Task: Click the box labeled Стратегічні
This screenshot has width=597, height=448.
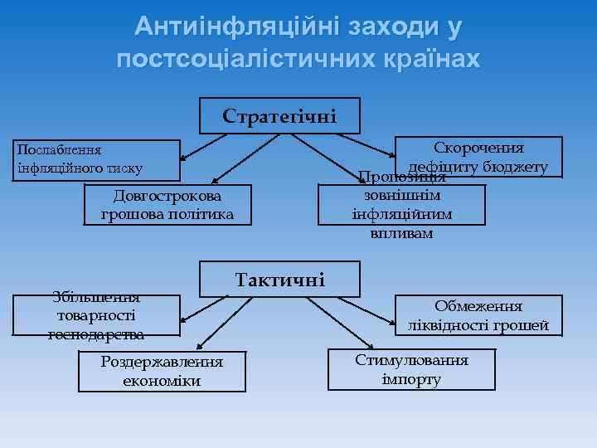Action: tap(279, 115)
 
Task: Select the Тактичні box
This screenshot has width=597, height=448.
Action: tap(280, 279)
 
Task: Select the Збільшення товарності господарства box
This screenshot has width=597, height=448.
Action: tap(97, 315)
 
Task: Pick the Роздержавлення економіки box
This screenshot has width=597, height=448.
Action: tap(162, 371)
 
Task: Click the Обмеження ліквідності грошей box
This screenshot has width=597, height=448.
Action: tap(478, 314)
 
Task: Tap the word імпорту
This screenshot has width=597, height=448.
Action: tap(411, 379)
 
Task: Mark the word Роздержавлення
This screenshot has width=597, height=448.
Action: tap(162, 362)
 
